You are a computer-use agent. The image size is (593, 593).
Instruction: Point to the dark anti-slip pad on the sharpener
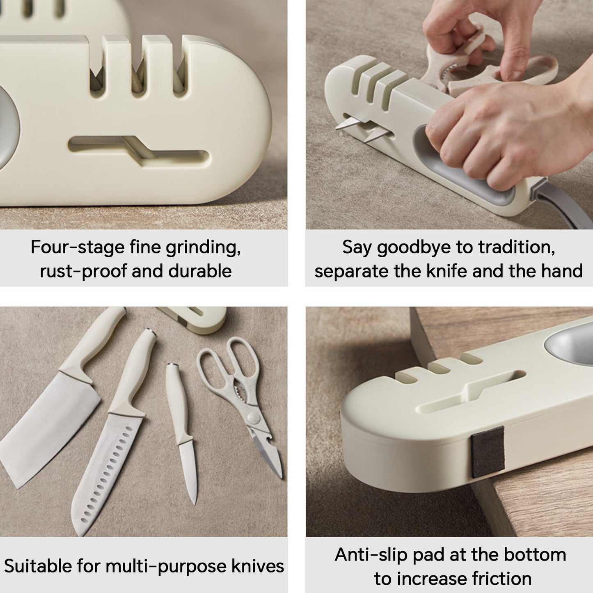(x=487, y=452)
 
